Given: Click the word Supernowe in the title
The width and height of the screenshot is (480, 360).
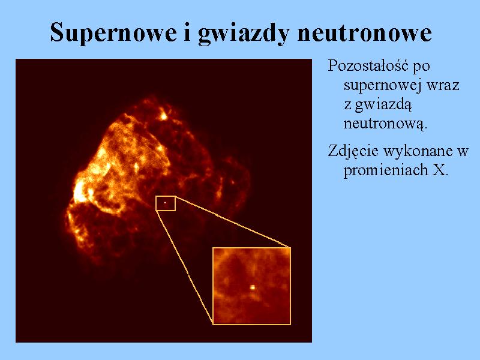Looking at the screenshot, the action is [113, 33].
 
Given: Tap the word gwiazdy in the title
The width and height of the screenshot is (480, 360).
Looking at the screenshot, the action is [244, 34].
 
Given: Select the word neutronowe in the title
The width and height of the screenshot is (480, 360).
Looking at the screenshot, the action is [364, 33].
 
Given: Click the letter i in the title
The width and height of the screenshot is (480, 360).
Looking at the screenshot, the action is [187, 32].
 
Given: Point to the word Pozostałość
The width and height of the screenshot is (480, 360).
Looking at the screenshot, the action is [368, 65].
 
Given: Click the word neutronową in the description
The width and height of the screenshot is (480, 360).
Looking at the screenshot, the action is [385, 124].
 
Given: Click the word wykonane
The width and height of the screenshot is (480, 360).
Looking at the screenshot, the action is [417, 151].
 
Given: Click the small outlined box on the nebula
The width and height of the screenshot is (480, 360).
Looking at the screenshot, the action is [166, 197].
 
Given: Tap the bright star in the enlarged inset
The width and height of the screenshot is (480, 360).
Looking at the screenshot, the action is [253, 287].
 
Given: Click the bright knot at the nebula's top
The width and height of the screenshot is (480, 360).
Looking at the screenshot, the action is [163, 116].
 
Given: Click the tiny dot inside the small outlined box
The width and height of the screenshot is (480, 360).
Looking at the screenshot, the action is [164, 203].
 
